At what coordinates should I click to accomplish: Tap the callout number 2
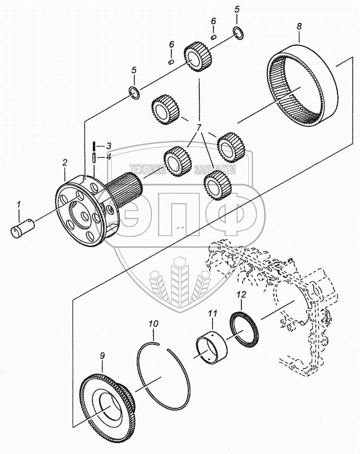[x=65, y=163]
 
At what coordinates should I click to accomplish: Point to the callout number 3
[x=108, y=146]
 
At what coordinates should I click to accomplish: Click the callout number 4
[x=108, y=157]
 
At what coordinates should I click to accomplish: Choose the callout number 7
[x=199, y=127]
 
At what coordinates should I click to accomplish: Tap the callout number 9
[x=102, y=356]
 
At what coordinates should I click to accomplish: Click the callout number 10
[x=154, y=325]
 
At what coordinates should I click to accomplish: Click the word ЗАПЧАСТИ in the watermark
[x=215, y=170]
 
